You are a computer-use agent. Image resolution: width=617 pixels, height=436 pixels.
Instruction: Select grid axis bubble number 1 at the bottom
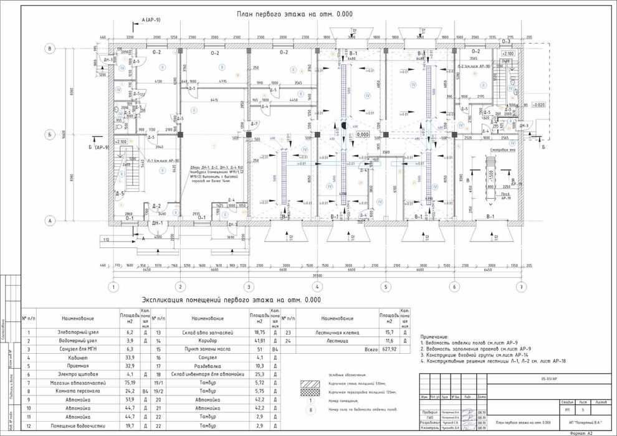(x=113, y=287)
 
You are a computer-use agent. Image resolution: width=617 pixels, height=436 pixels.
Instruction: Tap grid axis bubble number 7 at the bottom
(x=521, y=287)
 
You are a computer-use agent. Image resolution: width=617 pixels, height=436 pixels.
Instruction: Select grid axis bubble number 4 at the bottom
(x=317, y=287)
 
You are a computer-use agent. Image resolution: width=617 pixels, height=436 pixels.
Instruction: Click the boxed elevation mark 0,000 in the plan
(x=363, y=134)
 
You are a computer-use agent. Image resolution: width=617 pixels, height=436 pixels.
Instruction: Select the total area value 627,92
(x=389, y=350)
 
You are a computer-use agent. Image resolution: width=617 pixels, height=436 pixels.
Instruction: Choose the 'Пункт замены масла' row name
(x=208, y=350)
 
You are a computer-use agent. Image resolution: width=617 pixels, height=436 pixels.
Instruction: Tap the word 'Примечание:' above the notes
(x=439, y=336)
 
